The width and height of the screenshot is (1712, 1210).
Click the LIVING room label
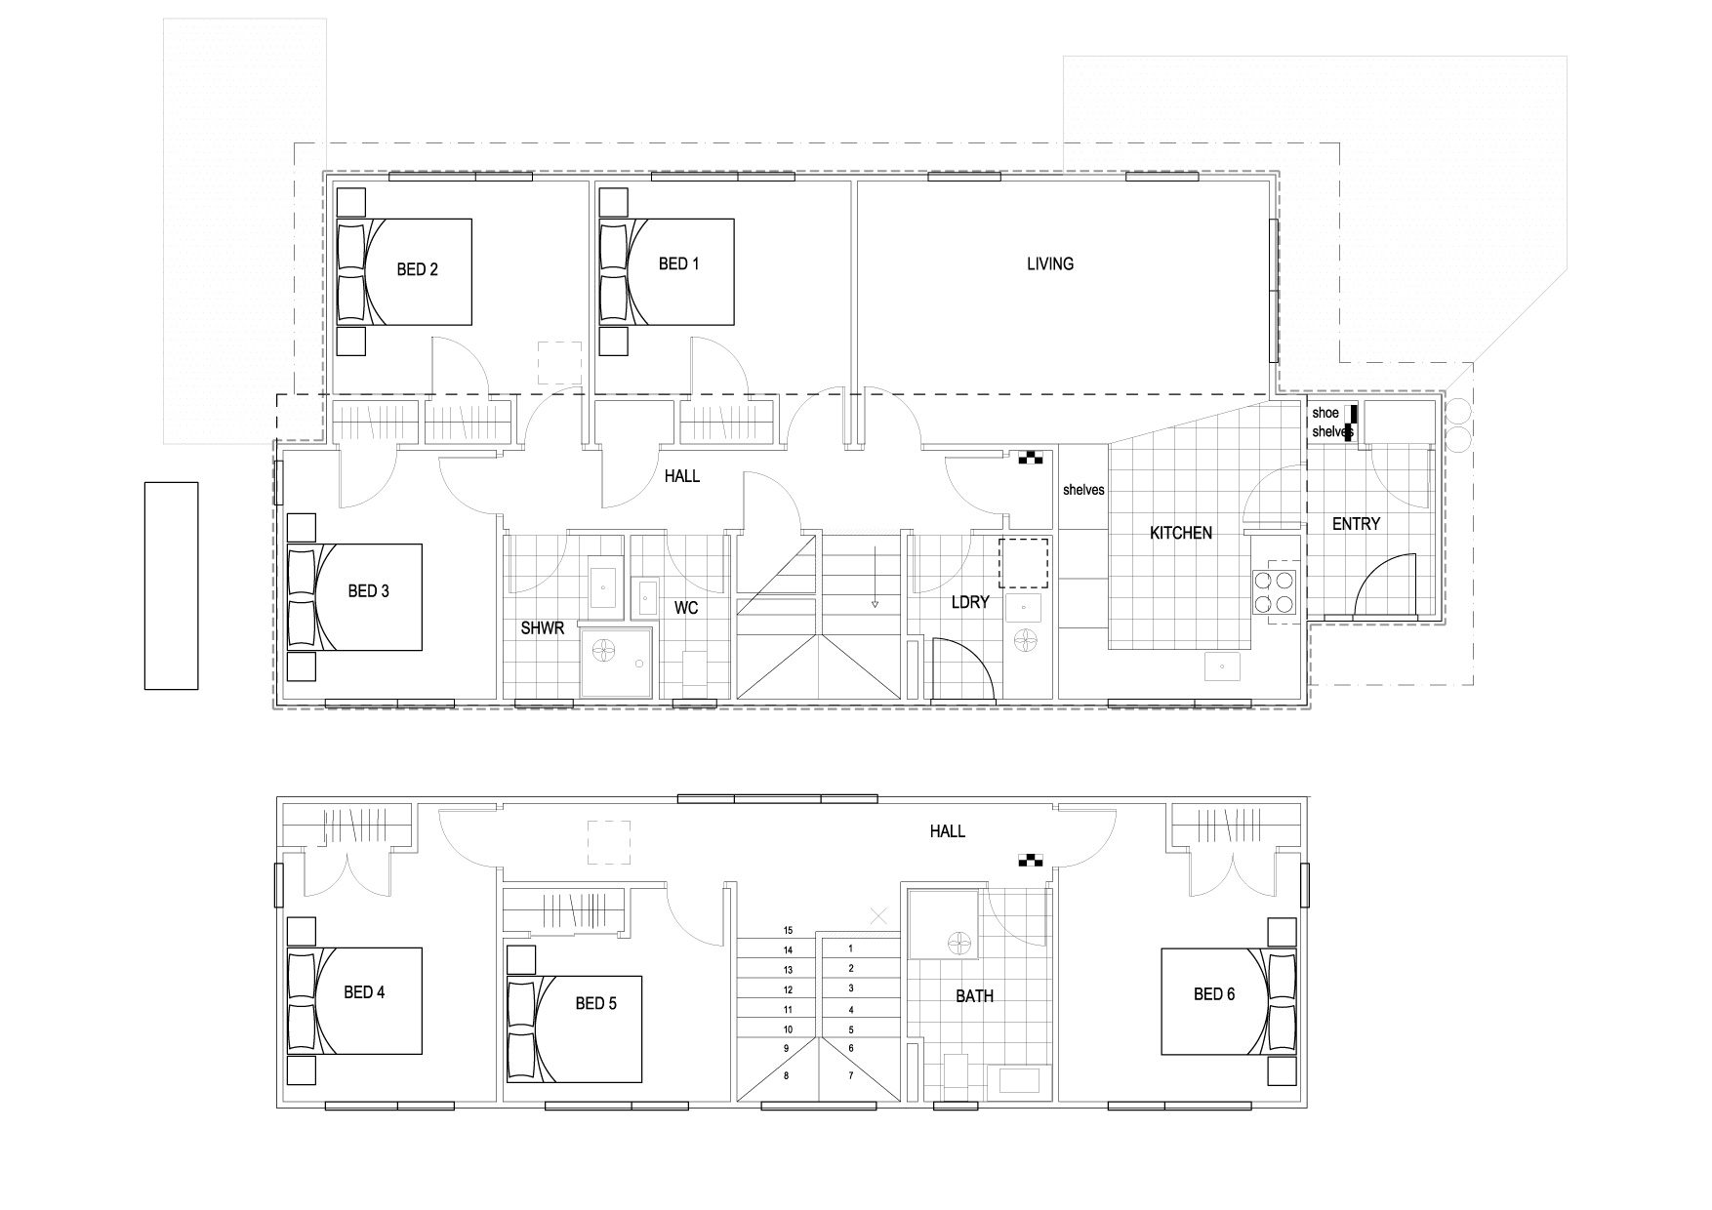(1050, 263)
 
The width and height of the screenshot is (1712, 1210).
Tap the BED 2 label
(417, 269)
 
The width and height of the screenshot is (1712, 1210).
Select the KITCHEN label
(1181, 533)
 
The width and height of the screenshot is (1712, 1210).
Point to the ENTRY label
(1356, 524)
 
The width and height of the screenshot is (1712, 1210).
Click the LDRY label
(970, 602)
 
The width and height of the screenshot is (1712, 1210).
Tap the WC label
(686, 608)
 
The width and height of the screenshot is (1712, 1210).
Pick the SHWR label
(543, 628)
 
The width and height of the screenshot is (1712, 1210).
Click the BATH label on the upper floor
(974, 996)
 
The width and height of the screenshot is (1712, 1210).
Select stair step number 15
(788, 930)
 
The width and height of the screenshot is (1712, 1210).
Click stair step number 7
(851, 1075)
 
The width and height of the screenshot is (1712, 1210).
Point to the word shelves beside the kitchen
(1083, 490)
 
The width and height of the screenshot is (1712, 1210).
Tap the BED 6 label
(1214, 993)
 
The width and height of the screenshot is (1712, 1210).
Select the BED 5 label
(595, 1002)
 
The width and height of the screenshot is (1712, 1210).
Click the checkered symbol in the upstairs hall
(1031, 860)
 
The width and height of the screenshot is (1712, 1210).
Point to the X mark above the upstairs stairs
(878, 915)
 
